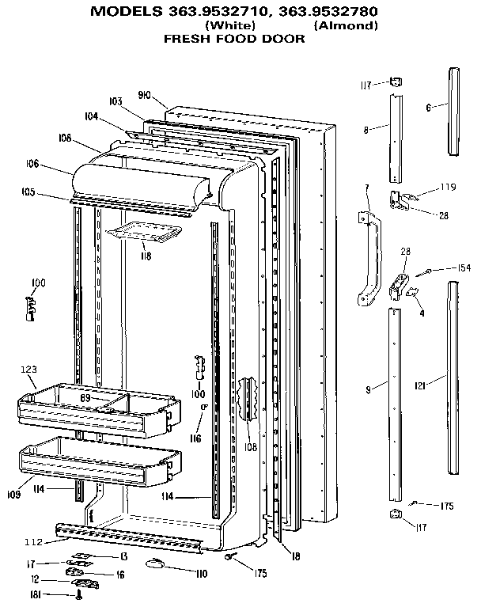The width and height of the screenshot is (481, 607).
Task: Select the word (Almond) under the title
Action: coord(346,25)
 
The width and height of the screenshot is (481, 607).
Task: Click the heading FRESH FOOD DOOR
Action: coord(234,38)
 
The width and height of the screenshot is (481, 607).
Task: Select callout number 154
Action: coord(463,268)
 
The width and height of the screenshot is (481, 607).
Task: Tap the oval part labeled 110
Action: coord(157,563)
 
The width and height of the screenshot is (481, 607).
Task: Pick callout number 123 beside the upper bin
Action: coord(28,369)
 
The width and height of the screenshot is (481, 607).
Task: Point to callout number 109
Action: coord(14,495)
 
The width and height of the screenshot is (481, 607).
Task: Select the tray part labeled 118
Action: coord(146,231)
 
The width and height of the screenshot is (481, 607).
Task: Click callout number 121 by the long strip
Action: coord(420,385)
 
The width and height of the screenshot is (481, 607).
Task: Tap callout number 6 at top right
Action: coord(429,107)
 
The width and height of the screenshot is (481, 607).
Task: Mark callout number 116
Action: coord(195,438)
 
